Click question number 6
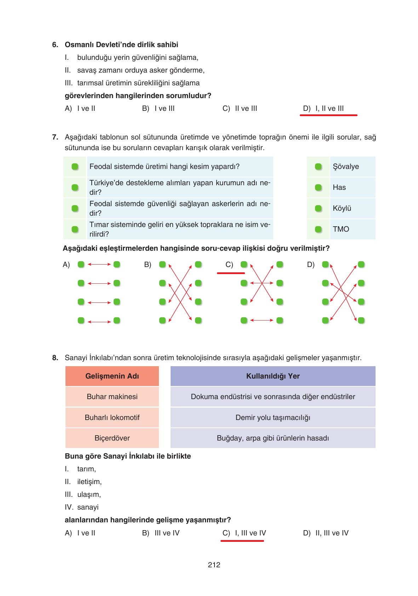click(55, 45)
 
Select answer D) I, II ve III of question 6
click(323, 109)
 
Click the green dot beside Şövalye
click(318, 167)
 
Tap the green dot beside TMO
click(318, 229)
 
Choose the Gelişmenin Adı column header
click(112, 376)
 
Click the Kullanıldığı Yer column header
click(273, 376)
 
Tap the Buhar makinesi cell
click(112, 397)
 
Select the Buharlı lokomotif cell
click(112, 418)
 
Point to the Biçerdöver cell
click(112, 438)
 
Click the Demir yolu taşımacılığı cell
click(273, 418)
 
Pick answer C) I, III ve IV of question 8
click(244, 533)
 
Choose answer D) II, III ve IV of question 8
click(326, 533)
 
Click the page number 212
click(214, 565)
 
